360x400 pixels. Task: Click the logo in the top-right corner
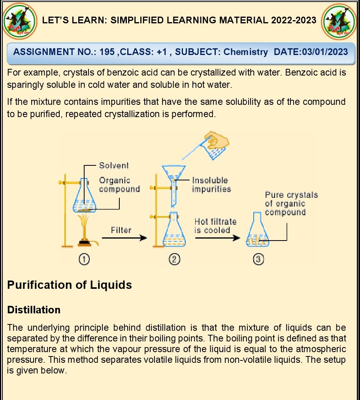coord(339,21)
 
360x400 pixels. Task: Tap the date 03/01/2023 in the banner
coord(325,52)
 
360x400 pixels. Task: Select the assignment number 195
coord(107,52)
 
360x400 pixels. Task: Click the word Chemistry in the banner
coord(245,52)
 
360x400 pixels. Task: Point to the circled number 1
coord(84,260)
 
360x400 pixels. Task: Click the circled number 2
coord(174,260)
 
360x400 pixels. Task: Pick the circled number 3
coord(258,260)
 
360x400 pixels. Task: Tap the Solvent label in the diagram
coord(114,165)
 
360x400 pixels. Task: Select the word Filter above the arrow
coord(121,230)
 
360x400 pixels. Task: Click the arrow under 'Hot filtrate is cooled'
coord(217,238)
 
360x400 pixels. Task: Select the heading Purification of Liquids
coord(70,285)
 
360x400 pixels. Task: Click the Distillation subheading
coord(34,310)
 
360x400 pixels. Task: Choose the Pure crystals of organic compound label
coord(291,203)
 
